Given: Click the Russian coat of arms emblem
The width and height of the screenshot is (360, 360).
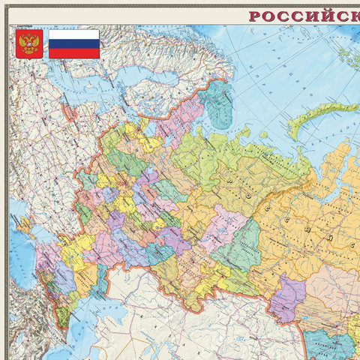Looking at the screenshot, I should point(29,43).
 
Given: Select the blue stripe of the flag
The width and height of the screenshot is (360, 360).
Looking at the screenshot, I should point(73,43).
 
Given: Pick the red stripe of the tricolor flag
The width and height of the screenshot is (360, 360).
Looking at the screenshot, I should point(73,52).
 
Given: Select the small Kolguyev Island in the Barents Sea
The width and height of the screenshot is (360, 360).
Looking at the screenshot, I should point(262,135).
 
